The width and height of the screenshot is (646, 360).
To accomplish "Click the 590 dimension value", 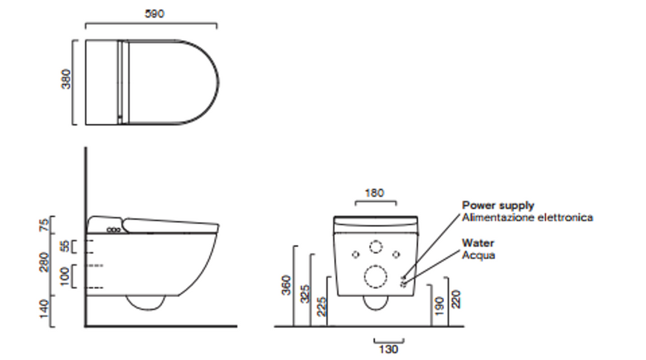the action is [x=154, y=13].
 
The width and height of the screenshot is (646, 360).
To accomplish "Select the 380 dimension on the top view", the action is [x=66, y=79].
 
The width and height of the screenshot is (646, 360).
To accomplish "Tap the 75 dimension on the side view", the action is [x=44, y=225].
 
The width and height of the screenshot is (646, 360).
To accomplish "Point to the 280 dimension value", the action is [x=44, y=262].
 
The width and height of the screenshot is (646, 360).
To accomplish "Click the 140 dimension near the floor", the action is [x=44, y=309].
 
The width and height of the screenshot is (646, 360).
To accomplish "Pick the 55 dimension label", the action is [x=65, y=246].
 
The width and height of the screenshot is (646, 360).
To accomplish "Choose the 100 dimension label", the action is [x=65, y=276].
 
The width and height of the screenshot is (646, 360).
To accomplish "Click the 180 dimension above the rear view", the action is [x=374, y=193].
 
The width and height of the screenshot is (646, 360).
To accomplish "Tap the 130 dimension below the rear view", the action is [x=388, y=350].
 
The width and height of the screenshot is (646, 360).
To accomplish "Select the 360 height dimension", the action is [x=286, y=285].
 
